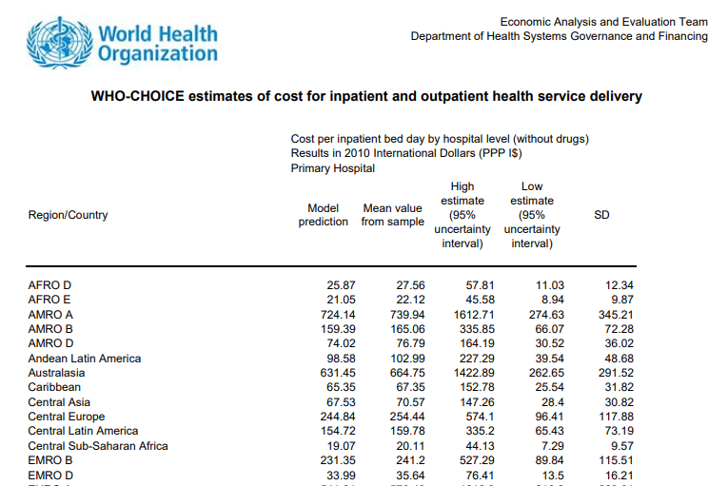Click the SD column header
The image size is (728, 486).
pyautogui.click(x=601, y=215)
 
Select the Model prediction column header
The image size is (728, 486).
pyautogui.click(x=324, y=215)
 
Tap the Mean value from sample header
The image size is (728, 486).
pyautogui.click(x=392, y=215)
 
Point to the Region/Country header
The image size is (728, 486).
pyautogui.click(x=68, y=215)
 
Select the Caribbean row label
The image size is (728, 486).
pyautogui.click(x=54, y=387)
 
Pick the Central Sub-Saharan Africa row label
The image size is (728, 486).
pyautogui.click(x=98, y=446)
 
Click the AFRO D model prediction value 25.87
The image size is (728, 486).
pyautogui.click(x=341, y=285)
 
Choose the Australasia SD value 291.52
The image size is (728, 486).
pyautogui.click(x=615, y=373)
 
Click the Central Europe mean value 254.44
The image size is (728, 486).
pyautogui.click(x=407, y=417)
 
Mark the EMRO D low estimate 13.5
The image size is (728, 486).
pyautogui.click(x=552, y=476)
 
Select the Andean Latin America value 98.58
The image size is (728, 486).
pyautogui.click(x=341, y=359)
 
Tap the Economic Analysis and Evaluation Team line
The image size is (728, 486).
pyautogui.click(x=603, y=22)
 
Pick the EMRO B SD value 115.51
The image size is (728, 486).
pyautogui.click(x=615, y=460)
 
